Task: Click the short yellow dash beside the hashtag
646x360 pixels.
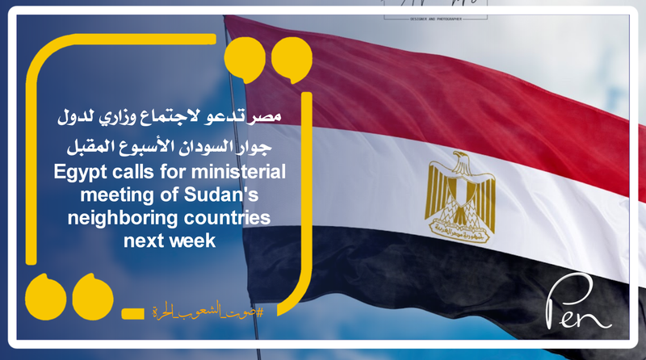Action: [130, 313]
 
